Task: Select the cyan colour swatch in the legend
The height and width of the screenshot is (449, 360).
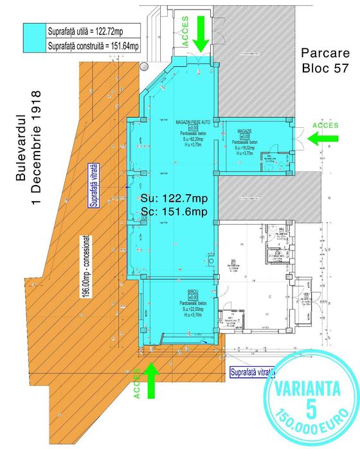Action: point(33,38)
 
